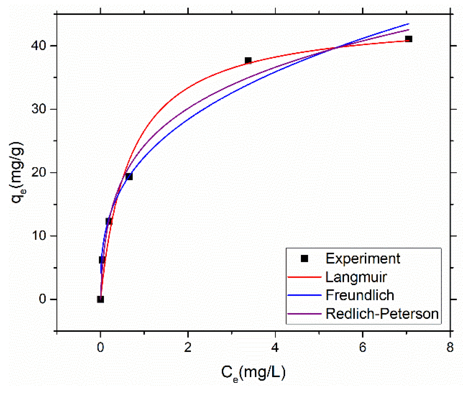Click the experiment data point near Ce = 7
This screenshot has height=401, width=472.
click(x=408, y=39)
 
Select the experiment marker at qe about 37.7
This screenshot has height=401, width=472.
click(x=248, y=61)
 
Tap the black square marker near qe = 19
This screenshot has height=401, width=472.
click(x=129, y=176)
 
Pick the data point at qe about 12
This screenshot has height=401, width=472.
click(x=109, y=221)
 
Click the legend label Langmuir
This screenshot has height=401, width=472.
click(x=356, y=277)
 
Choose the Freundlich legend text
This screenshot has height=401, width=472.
click(x=360, y=295)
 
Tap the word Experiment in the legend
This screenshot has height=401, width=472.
click(x=363, y=259)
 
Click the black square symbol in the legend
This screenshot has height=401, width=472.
click(x=304, y=259)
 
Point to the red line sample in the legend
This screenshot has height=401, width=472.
click(x=304, y=277)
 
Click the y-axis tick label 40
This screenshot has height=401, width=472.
click(x=38, y=46)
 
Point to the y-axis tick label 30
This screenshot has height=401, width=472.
click(x=38, y=109)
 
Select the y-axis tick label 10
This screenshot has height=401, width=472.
click(x=38, y=236)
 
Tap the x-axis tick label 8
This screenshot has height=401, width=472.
click(x=450, y=347)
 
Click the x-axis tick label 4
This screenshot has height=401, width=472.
click(x=275, y=347)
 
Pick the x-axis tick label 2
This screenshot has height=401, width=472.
click(x=188, y=347)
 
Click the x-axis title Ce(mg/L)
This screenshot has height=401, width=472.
click(x=253, y=373)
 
